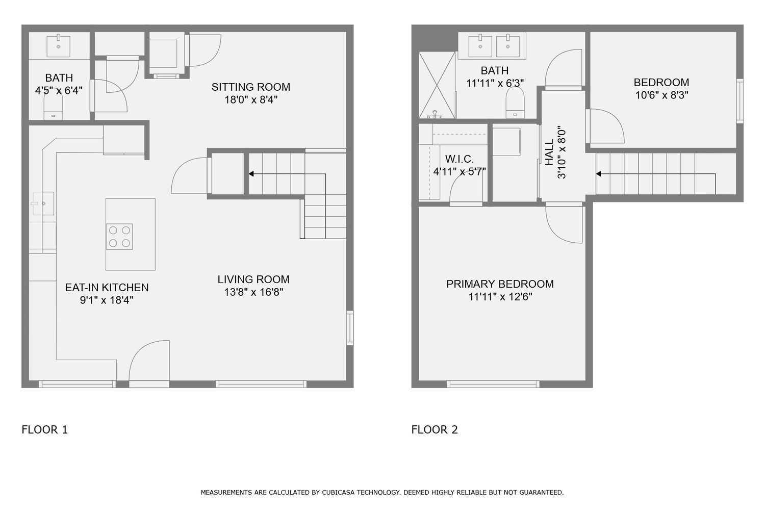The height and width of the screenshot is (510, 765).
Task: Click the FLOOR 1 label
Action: (45, 429)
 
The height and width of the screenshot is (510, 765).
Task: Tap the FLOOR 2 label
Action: (435, 429)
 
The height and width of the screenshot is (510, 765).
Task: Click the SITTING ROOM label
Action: (251, 87)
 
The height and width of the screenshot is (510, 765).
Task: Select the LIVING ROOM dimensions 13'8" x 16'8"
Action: (253, 292)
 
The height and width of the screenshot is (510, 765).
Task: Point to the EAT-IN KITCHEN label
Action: (107, 288)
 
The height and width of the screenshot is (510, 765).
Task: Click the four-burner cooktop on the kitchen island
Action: (119, 237)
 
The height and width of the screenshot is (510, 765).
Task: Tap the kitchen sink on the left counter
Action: (43, 203)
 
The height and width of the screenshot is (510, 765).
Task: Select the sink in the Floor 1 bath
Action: (59, 45)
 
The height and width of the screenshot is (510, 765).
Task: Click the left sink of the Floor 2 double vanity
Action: (480, 45)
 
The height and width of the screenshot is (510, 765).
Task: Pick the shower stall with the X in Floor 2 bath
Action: (437, 85)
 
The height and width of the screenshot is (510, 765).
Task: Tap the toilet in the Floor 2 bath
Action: (515, 103)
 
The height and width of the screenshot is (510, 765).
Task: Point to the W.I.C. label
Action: (460, 159)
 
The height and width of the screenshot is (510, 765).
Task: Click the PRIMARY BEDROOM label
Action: (500, 284)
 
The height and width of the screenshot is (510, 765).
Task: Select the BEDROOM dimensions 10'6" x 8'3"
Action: (661, 95)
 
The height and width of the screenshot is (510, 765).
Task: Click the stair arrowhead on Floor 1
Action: (251, 174)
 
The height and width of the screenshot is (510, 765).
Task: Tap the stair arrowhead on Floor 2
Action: (598, 174)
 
